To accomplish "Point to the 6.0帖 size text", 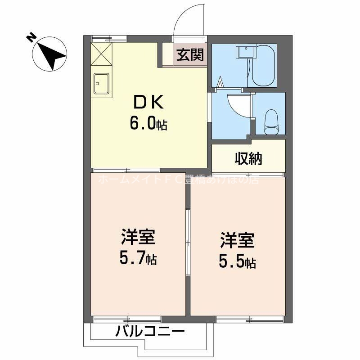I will (148, 123).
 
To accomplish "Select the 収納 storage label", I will (248, 158).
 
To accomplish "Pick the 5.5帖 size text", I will (238, 262).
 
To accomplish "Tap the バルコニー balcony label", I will (150, 333).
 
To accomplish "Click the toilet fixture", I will (272, 122).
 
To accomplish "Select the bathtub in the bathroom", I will (264, 66).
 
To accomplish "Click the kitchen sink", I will (103, 83).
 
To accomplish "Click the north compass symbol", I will (49, 54).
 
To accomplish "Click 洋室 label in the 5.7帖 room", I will (138, 237).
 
